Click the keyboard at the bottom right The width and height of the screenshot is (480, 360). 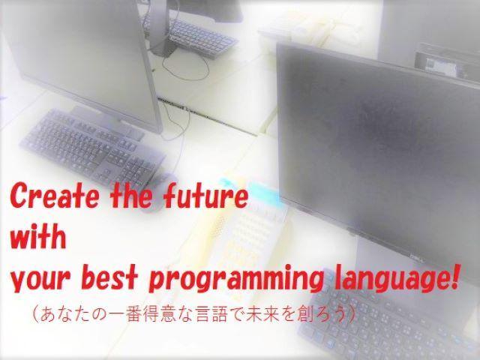pos(397,315)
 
